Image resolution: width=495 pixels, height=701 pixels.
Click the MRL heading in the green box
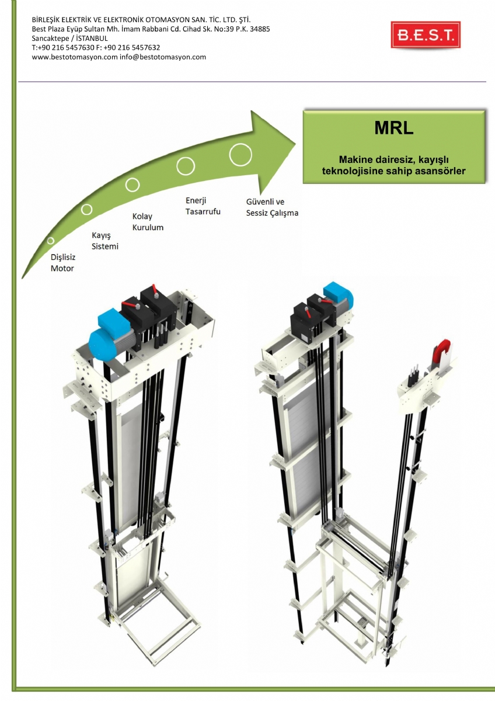393,129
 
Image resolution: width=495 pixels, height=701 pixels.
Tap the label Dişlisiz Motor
62,263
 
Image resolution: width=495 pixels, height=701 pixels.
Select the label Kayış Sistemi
105,241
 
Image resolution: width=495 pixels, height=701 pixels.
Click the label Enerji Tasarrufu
203,206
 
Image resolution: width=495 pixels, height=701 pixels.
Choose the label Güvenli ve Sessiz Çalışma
272,207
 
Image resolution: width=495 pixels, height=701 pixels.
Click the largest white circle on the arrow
240,154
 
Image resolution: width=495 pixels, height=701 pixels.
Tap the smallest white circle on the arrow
51,241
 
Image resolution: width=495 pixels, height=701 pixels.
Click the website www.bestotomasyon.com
75,57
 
